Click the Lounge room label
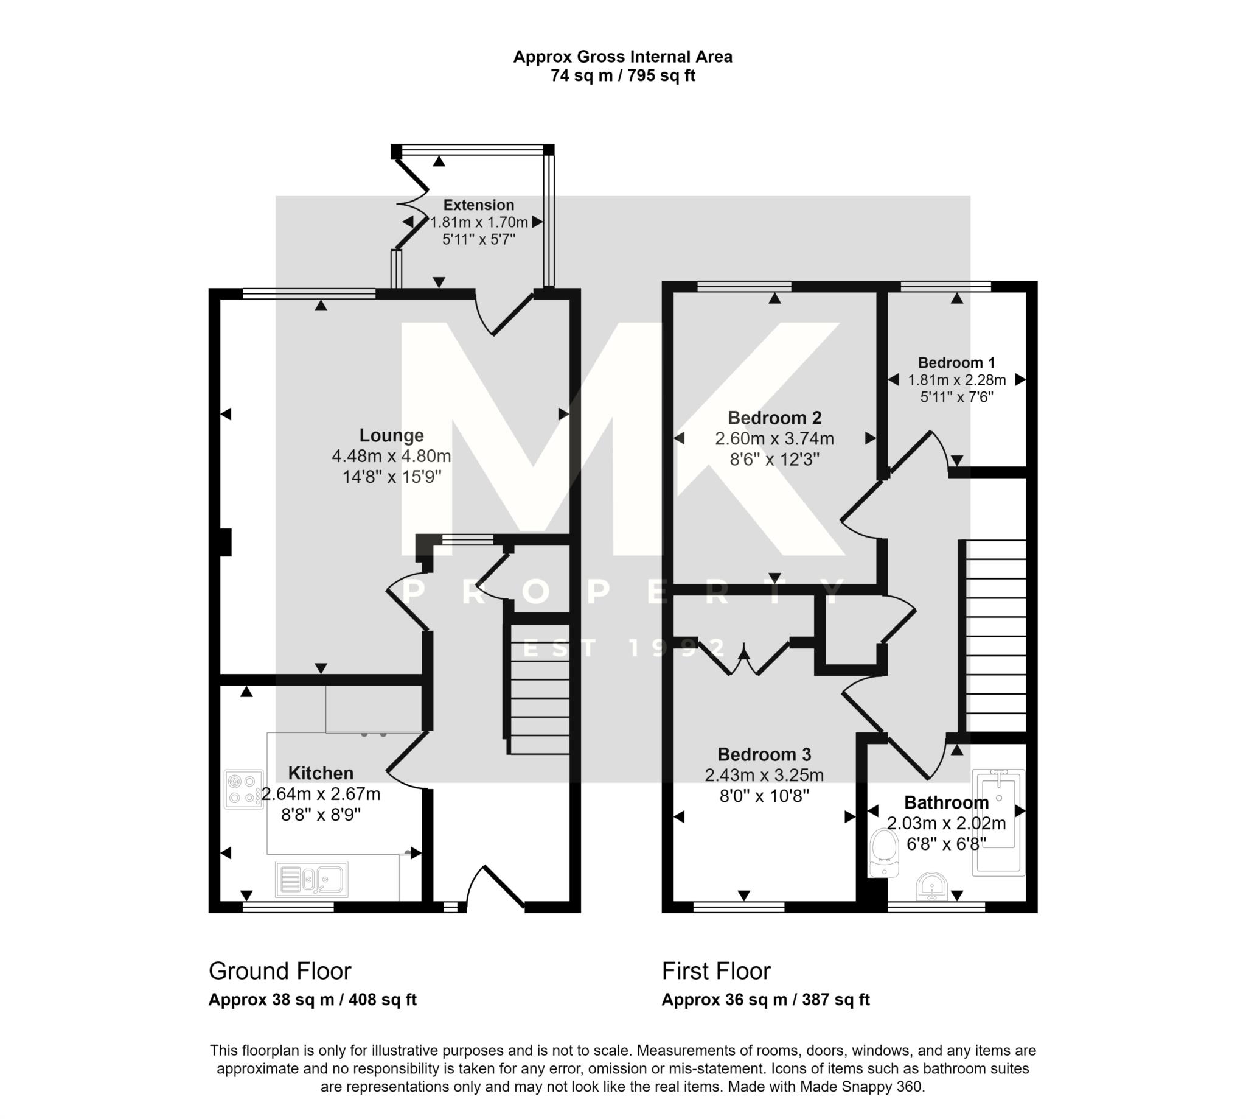pyautogui.click(x=391, y=435)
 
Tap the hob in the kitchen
pyautogui.click(x=243, y=789)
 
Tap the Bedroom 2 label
pyautogui.click(x=774, y=418)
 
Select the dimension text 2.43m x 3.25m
pyautogui.click(x=764, y=776)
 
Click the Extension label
pyautogui.click(x=479, y=205)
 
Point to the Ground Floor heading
pyautogui.click(x=279, y=972)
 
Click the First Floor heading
pyautogui.click(x=715, y=972)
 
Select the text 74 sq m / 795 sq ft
pyautogui.click(x=622, y=76)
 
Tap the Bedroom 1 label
pyautogui.click(x=956, y=362)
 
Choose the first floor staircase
pyautogui.click(x=995, y=636)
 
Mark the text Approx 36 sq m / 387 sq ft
pyautogui.click(x=765, y=1000)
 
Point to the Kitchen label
pyautogui.click(x=321, y=773)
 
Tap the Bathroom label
pyautogui.click(x=946, y=802)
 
